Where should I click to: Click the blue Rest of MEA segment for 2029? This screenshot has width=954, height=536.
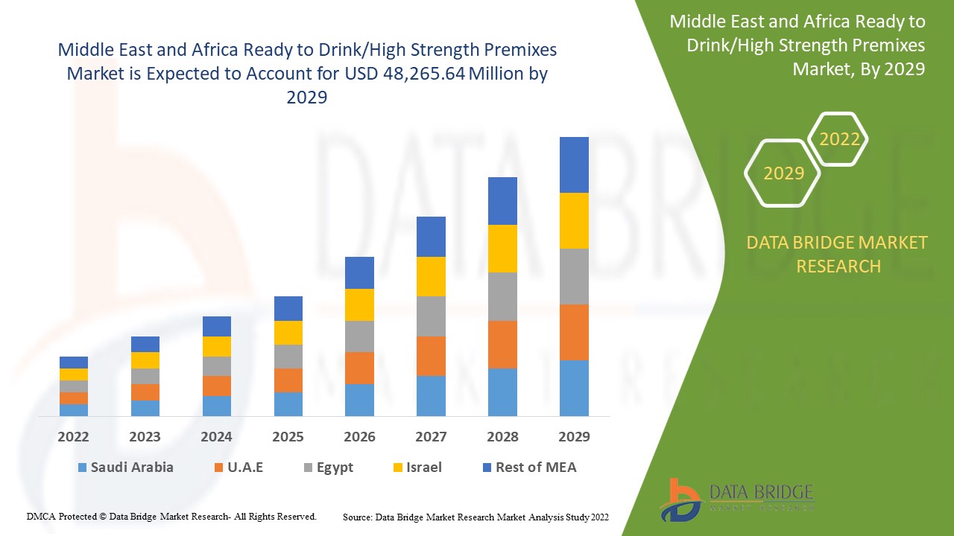[574, 165]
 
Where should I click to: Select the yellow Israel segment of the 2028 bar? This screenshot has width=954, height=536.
[502, 249]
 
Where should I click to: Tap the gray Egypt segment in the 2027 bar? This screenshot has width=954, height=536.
[431, 316]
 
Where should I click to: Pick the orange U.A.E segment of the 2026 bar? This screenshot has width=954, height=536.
[359, 368]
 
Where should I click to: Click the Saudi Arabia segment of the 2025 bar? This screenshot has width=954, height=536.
[288, 403]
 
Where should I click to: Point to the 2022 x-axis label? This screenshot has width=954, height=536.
[73, 437]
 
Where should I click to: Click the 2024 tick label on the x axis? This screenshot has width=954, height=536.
[216, 437]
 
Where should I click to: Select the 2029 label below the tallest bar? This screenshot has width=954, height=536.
[574, 437]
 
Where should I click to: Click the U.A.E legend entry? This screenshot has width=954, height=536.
[238, 468]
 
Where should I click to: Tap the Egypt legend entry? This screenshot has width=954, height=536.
[327, 468]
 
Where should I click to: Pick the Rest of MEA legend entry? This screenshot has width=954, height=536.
[529, 468]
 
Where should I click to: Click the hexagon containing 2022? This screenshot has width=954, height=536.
[839, 139]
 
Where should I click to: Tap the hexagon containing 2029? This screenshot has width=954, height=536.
[783, 173]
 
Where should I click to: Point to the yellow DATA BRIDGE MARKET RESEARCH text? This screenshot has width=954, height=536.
[838, 255]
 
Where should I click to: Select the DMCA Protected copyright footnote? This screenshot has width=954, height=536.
[172, 516]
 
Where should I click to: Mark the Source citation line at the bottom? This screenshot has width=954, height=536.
[476, 517]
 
